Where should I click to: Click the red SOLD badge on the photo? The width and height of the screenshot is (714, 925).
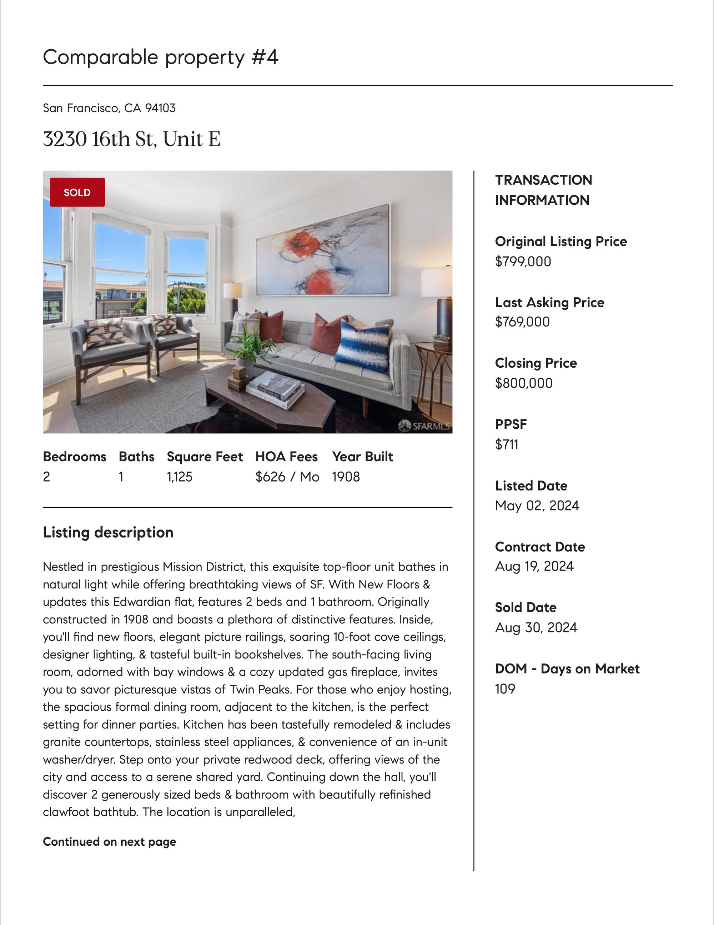(x=77, y=192)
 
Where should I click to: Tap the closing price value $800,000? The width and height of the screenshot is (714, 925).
(x=524, y=383)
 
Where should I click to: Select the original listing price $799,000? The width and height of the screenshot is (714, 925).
(x=523, y=262)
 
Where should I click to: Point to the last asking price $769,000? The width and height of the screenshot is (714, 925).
(x=522, y=322)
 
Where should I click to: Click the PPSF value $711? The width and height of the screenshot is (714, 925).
(x=507, y=445)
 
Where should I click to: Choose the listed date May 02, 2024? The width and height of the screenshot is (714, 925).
(x=537, y=506)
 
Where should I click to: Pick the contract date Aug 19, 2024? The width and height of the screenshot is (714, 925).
(x=534, y=566)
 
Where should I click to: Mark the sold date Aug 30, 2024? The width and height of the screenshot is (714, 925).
(x=536, y=628)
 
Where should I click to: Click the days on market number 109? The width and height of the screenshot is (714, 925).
(x=505, y=689)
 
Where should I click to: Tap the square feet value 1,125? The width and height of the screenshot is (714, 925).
(x=180, y=477)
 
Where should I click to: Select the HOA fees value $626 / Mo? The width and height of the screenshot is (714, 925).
(x=287, y=477)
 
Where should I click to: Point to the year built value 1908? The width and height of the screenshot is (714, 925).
(x=346, y=477)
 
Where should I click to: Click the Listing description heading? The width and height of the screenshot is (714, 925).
(x=108, y=532)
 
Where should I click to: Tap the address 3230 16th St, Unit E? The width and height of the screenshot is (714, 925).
(x=132, y=139)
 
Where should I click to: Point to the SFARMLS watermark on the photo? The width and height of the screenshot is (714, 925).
(x=424, y=426)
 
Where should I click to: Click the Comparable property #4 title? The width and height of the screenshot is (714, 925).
(x=160, y=57)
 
